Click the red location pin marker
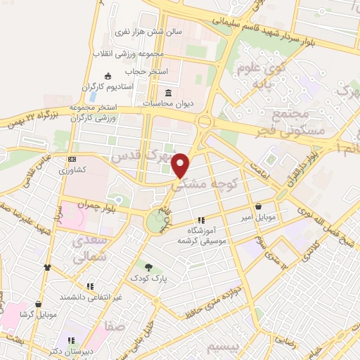coord(181,165)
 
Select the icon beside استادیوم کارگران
coord(108,76)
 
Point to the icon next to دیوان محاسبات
coord(167,94)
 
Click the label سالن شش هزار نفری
coord(150,32)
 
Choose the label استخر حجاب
coord(144,71)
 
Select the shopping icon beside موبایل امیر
coord(261,207)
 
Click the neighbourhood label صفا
coord(110,326)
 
